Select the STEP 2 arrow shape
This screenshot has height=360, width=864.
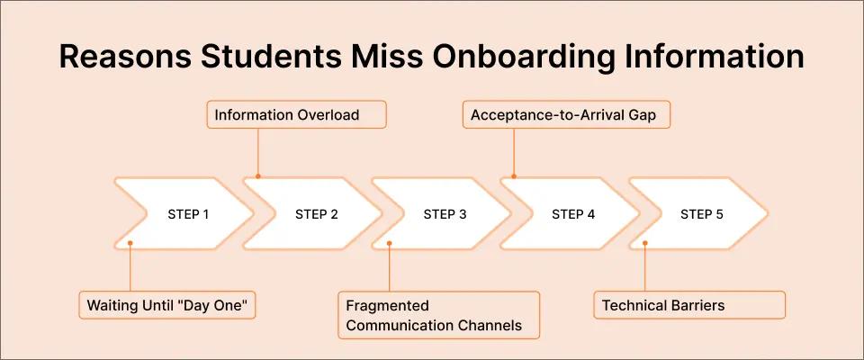(316, 214)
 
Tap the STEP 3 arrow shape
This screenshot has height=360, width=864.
(445, 214)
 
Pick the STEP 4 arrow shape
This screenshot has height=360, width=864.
(573, 214)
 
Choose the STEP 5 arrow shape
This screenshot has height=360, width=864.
(701, 214)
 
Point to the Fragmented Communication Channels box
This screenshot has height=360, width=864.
(439, 315)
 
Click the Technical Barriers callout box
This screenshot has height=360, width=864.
(689, 305)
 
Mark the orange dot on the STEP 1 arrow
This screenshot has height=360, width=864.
(130, 242)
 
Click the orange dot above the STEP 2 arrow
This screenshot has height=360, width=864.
(258, 176)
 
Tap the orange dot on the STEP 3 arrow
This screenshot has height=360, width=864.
(389, 242)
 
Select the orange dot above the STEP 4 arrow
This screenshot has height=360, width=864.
(515, 176)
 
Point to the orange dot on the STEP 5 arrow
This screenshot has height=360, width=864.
(645, 242)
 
